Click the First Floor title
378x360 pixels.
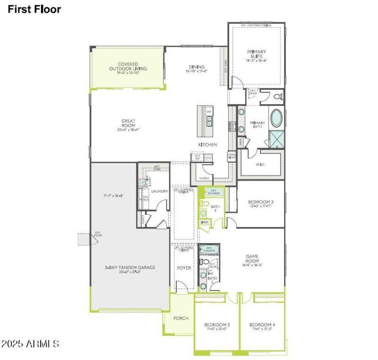click(34, 9)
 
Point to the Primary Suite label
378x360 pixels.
click(257, 54)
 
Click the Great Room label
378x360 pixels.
click(128, 123)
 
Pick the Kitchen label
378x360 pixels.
click(207, 144)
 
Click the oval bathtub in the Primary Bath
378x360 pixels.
click(276, 118)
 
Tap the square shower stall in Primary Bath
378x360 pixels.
click(276, 139)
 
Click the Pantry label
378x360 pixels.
click(204, 178)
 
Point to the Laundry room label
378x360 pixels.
click(160, 191)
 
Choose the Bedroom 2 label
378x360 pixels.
click(261, 202)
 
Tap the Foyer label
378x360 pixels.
click(184, 268)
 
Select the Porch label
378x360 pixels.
click(180, 318)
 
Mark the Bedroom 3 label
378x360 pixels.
click(217, 325)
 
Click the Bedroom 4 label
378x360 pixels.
click(262, 325)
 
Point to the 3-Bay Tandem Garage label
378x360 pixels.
click(130, 267)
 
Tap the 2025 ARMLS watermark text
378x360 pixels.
click(30, 343)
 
